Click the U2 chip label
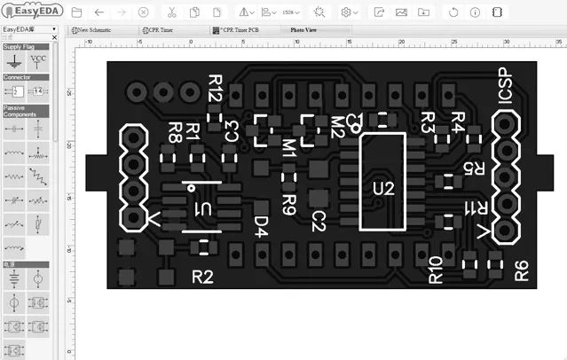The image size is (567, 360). coord(382,188)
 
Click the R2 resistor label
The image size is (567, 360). coord(203,277)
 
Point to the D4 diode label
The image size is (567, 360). coord(261,227)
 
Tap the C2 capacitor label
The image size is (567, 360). coord(319,222)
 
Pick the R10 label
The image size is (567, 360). coord(435,269)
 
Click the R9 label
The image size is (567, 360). coord(288,205)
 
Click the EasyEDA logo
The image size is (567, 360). coord(31,12)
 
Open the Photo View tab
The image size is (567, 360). coord(304,29)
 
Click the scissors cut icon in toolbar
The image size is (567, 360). coord(170,12)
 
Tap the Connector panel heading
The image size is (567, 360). coord(18,77)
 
